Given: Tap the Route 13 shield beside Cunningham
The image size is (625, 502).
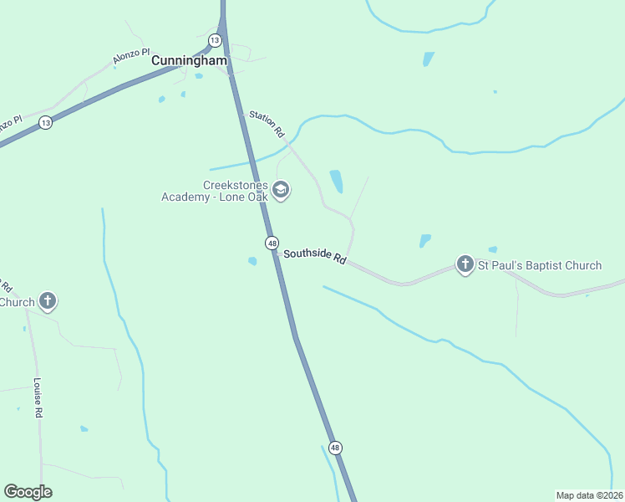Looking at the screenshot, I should [x=215, y=40].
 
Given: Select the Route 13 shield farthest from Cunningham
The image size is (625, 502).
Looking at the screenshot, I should [x=45, y=123].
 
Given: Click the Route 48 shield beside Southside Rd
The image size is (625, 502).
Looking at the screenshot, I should [x=272, y=243].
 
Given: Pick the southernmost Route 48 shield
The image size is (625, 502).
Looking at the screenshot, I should [x=335, y=448].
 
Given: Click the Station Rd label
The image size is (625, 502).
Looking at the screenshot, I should [x=267, y=124].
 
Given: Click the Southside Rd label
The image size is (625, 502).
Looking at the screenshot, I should [x=314, y=256].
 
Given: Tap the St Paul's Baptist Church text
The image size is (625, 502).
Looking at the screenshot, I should [x=539, y=265].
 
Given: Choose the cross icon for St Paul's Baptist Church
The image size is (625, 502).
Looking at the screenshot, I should [x=465, y=264].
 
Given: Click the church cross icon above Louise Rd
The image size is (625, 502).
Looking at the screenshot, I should [x=48, y=300].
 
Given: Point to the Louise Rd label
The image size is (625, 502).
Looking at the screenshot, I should [x=38, y=397].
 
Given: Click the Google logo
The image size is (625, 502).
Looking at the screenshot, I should [x=28, y=492].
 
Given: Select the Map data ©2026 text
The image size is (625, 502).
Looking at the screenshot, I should [x=589, y=494].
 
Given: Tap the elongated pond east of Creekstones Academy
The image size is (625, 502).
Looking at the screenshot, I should [x=336, y=181].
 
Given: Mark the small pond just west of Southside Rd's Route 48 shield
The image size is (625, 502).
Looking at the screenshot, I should [x=252, y=261].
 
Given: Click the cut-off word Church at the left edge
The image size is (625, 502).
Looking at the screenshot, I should [x=17, y=302].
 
